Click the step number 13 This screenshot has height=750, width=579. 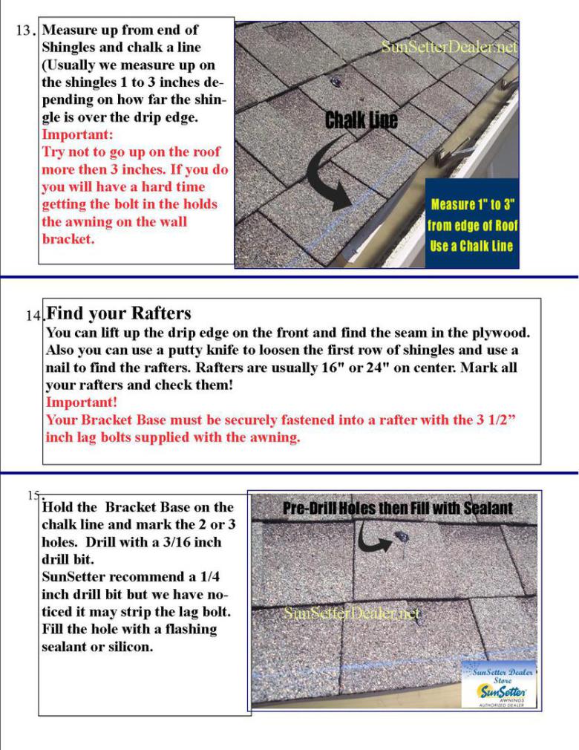[x=24, y=32]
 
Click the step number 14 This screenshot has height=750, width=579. [x=33, y=316]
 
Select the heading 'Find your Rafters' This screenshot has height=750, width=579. [x=119, y=313]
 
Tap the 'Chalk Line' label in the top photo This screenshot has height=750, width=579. [x=361, y=120]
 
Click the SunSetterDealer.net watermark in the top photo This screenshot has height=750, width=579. [x=448, y=47]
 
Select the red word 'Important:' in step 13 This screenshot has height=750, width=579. [x=77, y=135]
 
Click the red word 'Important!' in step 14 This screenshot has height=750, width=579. [x=81, y=402]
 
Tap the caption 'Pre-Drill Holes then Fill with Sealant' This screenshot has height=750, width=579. [x=398, y=509]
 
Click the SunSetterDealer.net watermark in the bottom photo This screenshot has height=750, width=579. [x=351, y=614]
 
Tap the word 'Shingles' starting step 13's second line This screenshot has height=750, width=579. [x=71, y=47]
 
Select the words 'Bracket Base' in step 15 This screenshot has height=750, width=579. [x=147, y=507]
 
